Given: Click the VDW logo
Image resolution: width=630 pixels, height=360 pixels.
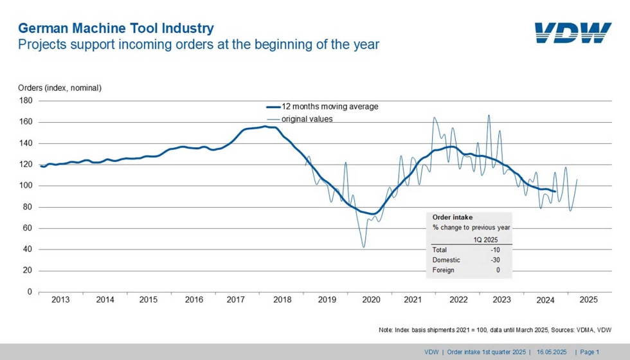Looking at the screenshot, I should click(573, 32).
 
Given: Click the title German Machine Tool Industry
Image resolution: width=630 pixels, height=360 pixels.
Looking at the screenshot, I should click(116, 28).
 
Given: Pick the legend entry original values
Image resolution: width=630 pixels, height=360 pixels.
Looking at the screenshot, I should click(307, 119).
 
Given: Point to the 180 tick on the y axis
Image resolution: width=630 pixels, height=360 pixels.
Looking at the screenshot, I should click(26, 101).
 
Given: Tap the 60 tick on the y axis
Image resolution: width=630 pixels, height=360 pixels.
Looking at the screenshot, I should click(28, 228).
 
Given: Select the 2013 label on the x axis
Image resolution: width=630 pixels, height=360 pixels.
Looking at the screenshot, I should click(60, 300).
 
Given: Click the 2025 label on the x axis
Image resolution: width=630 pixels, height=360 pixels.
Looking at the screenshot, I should click(588, 300).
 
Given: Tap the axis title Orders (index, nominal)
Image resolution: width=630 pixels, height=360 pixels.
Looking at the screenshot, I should click(60, 87).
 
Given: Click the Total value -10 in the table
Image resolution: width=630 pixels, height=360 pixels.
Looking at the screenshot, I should click(494, 249).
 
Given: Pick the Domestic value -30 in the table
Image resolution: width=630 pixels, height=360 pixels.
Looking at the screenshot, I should click(494, 260).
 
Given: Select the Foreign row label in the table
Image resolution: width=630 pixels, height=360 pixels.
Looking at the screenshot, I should click(444, 270).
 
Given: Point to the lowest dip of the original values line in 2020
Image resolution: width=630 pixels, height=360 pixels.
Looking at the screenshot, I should click(364, 247).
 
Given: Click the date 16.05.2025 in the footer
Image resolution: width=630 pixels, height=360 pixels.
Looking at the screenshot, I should click(552, 352).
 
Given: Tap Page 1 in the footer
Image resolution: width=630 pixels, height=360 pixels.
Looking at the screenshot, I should click(589, 352).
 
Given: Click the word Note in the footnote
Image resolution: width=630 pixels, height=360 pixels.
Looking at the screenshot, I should click(387, 330).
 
